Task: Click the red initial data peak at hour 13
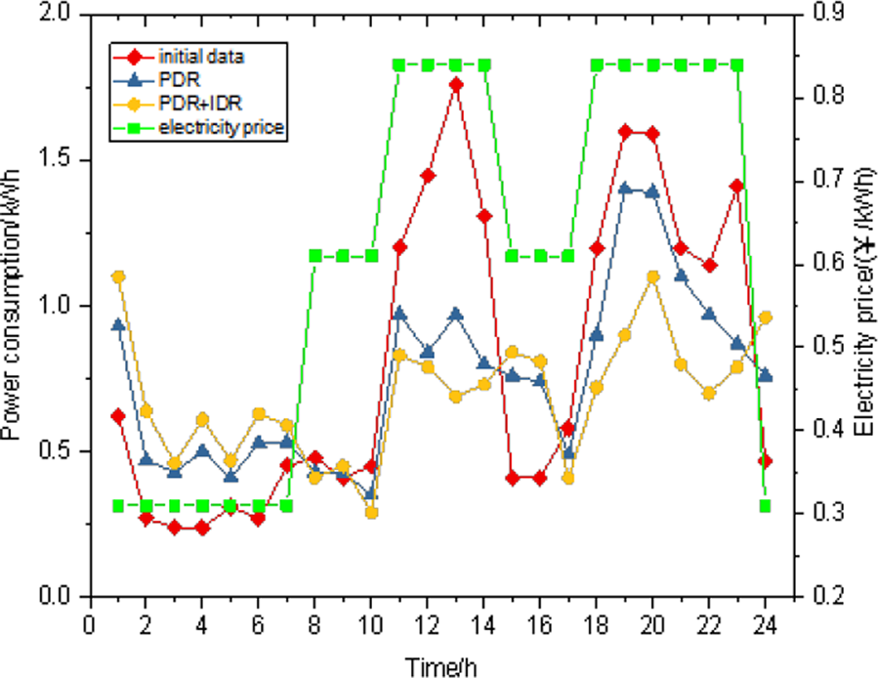click(x=456, y=85)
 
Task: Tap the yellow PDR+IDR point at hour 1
click(x=118, y=276)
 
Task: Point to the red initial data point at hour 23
click(x=737, y=186)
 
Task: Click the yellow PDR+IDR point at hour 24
click(x=766, y=318)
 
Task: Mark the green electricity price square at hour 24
click(x=766, y=506)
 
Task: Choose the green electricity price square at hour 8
click(x=315, y=256)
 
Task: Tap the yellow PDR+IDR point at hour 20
click(x=653, y=276)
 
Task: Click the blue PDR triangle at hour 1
click(x=118, y=325)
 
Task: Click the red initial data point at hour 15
click(x=513, y=479)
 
